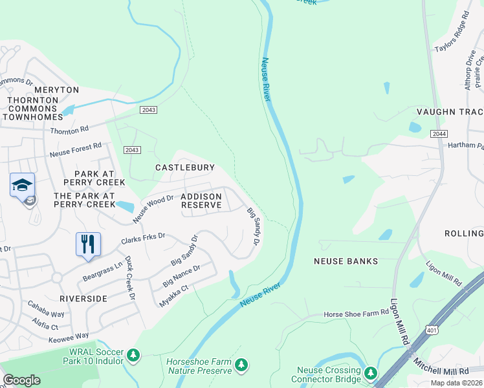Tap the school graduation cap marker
pyautogui.click(x=22, y=185)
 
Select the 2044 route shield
pyautogui.click(x=438, y=133)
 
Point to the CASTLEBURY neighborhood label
pyautogui.click(x=184, y=167)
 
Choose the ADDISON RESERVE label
pyautogui.click(x=201, y=200)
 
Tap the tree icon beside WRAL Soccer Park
pyautogui.click(x=133, y=355)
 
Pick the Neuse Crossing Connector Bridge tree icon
pyautogui.click(x=370, y=373)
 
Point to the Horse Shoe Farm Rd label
pyautogui.click(x=356, y=313)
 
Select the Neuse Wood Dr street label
pyautogui.click(x=153, y=210)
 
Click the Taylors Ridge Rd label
pyautogui.click(x=452, y=39)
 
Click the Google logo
pyautogui.click(x=21, y=380)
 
